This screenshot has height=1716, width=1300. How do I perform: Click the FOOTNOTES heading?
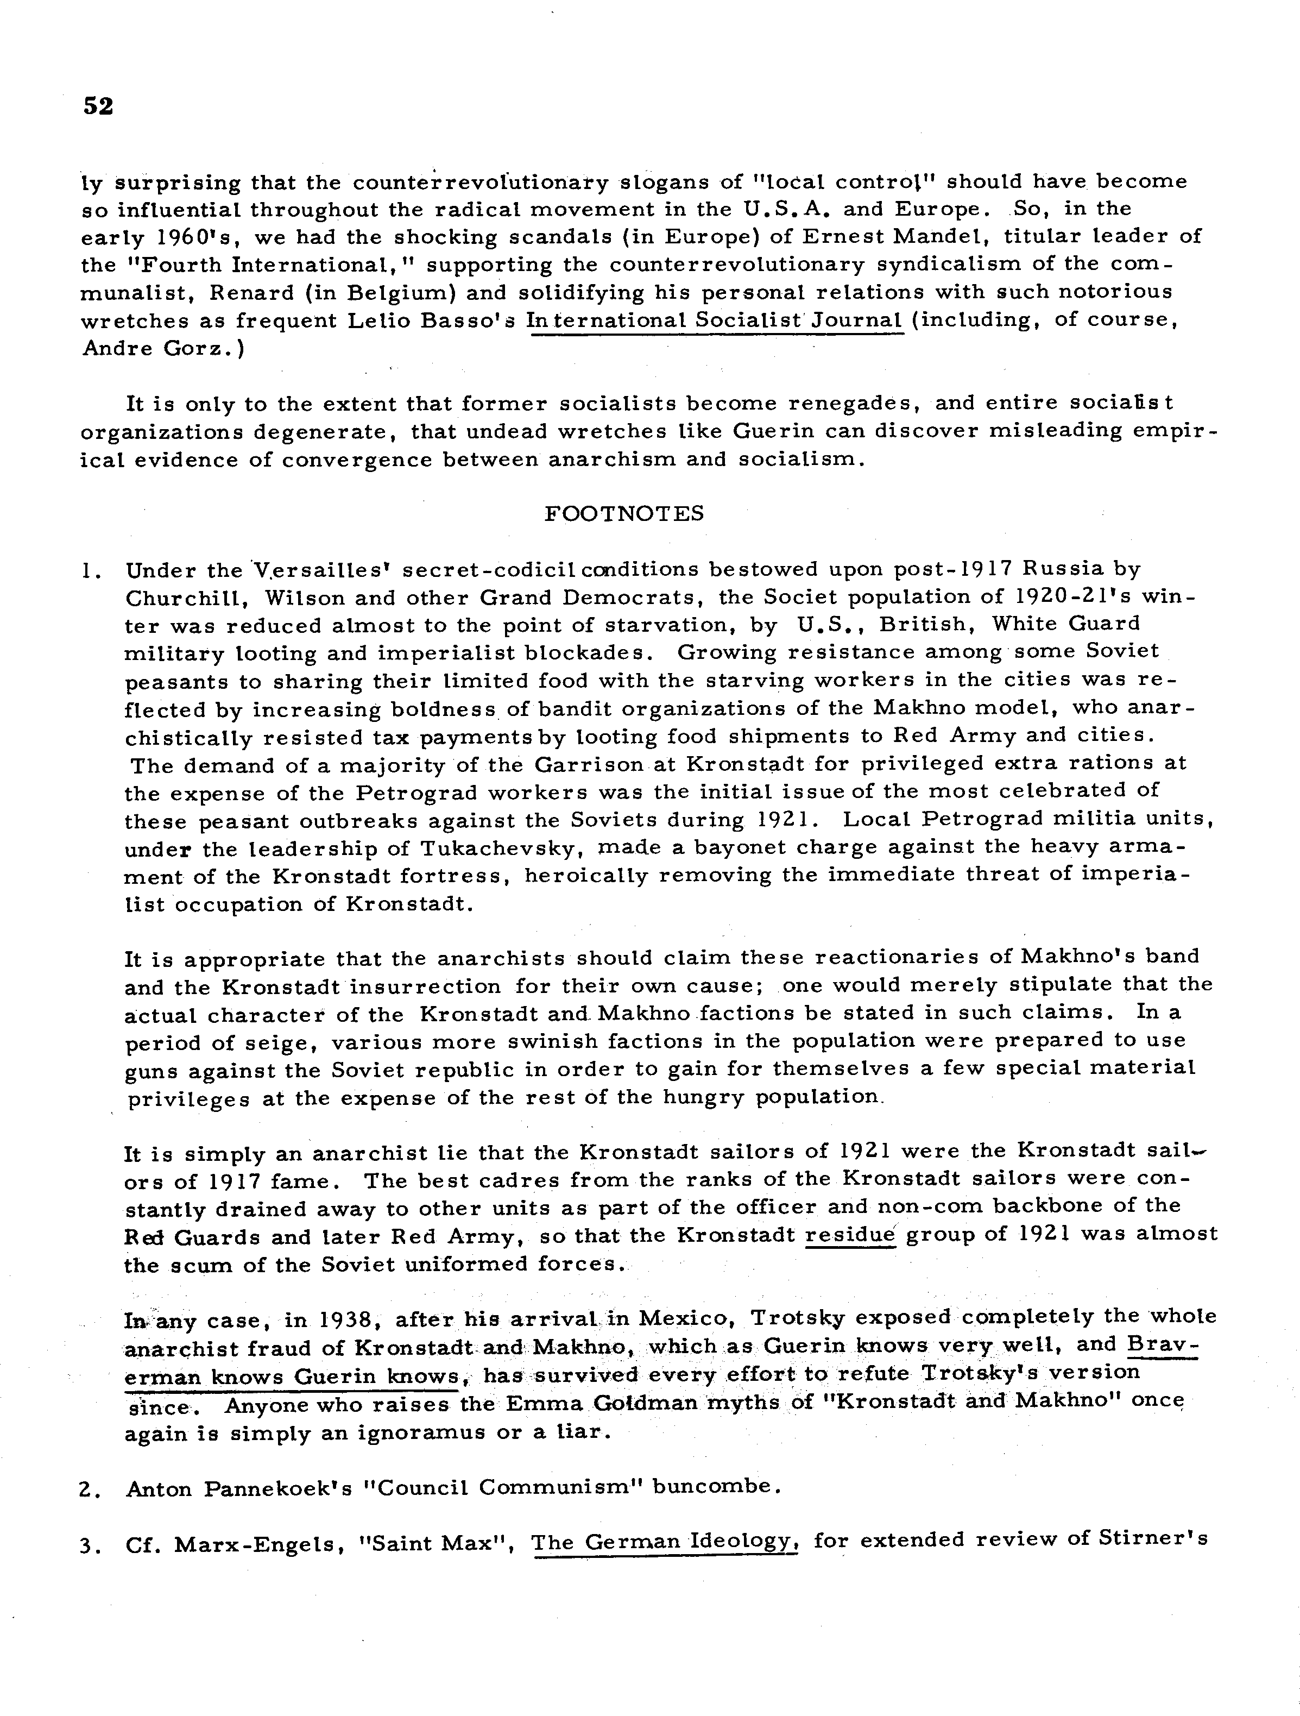click(624, 513)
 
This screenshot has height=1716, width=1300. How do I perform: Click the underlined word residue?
click(850, 1234)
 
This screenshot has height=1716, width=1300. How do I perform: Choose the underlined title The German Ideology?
click(665, 1542)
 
